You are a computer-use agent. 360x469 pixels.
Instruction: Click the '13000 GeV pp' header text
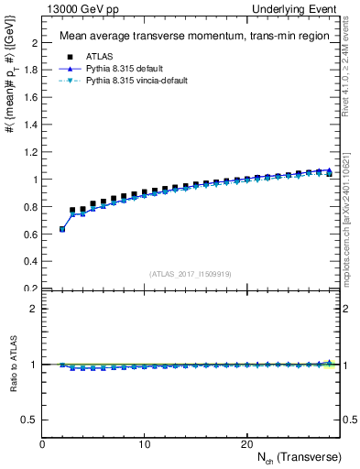pos(77,8)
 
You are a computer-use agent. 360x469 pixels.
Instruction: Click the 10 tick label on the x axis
pos(144,444)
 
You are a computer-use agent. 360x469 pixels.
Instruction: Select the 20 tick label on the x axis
pos(246,444)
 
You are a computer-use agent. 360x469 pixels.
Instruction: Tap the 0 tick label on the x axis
pos(42,444)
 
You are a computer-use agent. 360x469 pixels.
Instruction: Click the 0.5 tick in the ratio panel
pos(31,420)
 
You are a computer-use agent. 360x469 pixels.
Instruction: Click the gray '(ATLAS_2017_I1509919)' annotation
pos(190,273)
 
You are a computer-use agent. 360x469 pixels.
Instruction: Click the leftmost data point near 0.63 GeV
pos(62,229)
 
